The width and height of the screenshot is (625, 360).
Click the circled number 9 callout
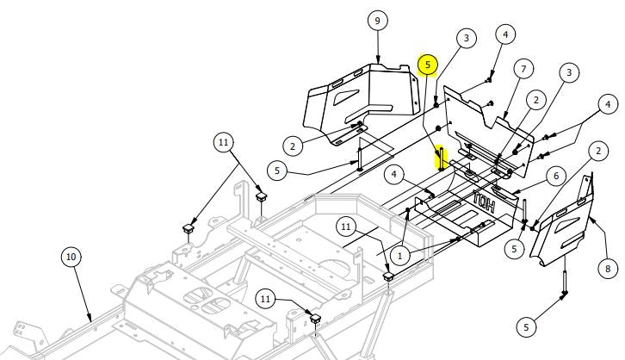[x=377, y=21]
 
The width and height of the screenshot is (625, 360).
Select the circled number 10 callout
[x=71, y=257]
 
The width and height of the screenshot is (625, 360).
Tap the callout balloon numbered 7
[x=523, y=69]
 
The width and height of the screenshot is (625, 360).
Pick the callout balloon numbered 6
[x=556, y=176]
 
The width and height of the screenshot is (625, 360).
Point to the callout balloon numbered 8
[x=608, y=269]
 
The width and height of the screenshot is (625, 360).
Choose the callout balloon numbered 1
[x=400, y=256]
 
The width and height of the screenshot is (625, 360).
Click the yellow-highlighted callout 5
[x=428, y=65]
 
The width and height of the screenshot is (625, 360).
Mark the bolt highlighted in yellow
[x=442, y=158]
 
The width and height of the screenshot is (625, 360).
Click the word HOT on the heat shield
[x=484, y=202]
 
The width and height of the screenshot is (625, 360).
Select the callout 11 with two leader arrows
[x=223, y=142]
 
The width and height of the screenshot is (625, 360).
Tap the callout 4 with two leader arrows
[x=608, y=104]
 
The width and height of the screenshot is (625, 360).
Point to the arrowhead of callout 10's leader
[x=91, y=320]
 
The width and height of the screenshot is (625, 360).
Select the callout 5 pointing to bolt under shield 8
[x=526, y=327]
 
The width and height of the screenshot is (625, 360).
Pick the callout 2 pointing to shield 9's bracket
[x=293, y=146]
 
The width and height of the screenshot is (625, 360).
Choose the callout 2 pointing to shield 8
[x=598, y=151]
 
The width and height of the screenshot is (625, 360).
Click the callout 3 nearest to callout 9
[x=466, y=38]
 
